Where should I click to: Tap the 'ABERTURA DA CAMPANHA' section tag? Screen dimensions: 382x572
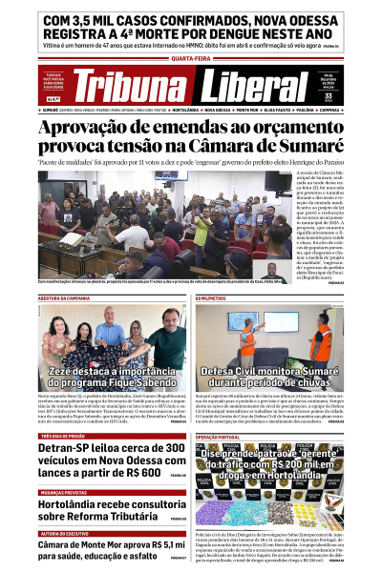click(x=65, y=298)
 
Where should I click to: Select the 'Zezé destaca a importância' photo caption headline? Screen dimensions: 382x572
click(x=103, y=370)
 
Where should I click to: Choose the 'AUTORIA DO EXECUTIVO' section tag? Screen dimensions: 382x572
click(x=65, y=534)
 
